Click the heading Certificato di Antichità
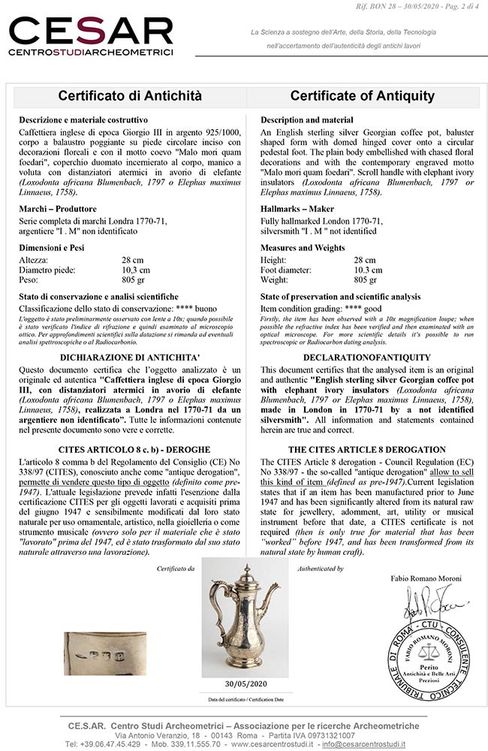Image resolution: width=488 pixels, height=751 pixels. click(131, 95)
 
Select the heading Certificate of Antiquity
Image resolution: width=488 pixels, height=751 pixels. click(363, 95)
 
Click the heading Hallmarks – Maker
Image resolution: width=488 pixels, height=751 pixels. click(298, 208)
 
